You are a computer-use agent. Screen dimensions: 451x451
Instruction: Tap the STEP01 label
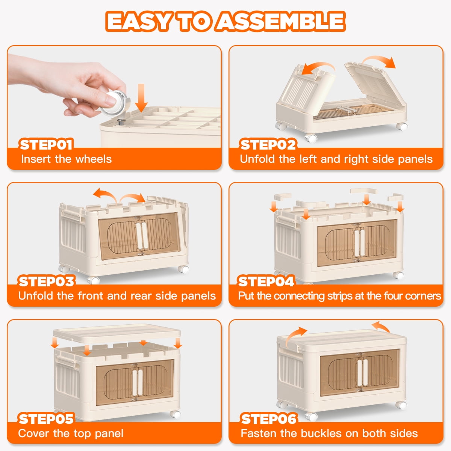[x=46, y=145]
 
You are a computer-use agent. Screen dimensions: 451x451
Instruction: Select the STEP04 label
[x=266, y=281]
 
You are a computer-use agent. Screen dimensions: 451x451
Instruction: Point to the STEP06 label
[x=269, y=419]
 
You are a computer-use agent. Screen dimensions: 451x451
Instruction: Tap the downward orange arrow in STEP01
[x=141, y=98]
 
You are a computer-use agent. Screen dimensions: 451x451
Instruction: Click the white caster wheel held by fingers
[x=115, y=103]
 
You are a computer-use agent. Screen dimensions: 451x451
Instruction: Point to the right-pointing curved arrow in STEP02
[x=379, y=61]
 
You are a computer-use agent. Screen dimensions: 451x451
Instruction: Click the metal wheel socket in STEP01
[x=121, y=122]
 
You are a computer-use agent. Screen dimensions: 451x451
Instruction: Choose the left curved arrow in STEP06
[x=295, y=336]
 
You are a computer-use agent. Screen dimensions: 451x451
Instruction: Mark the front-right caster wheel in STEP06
[x=401, y=405]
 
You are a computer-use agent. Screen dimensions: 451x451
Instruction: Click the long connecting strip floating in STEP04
[x=364, y=191]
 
